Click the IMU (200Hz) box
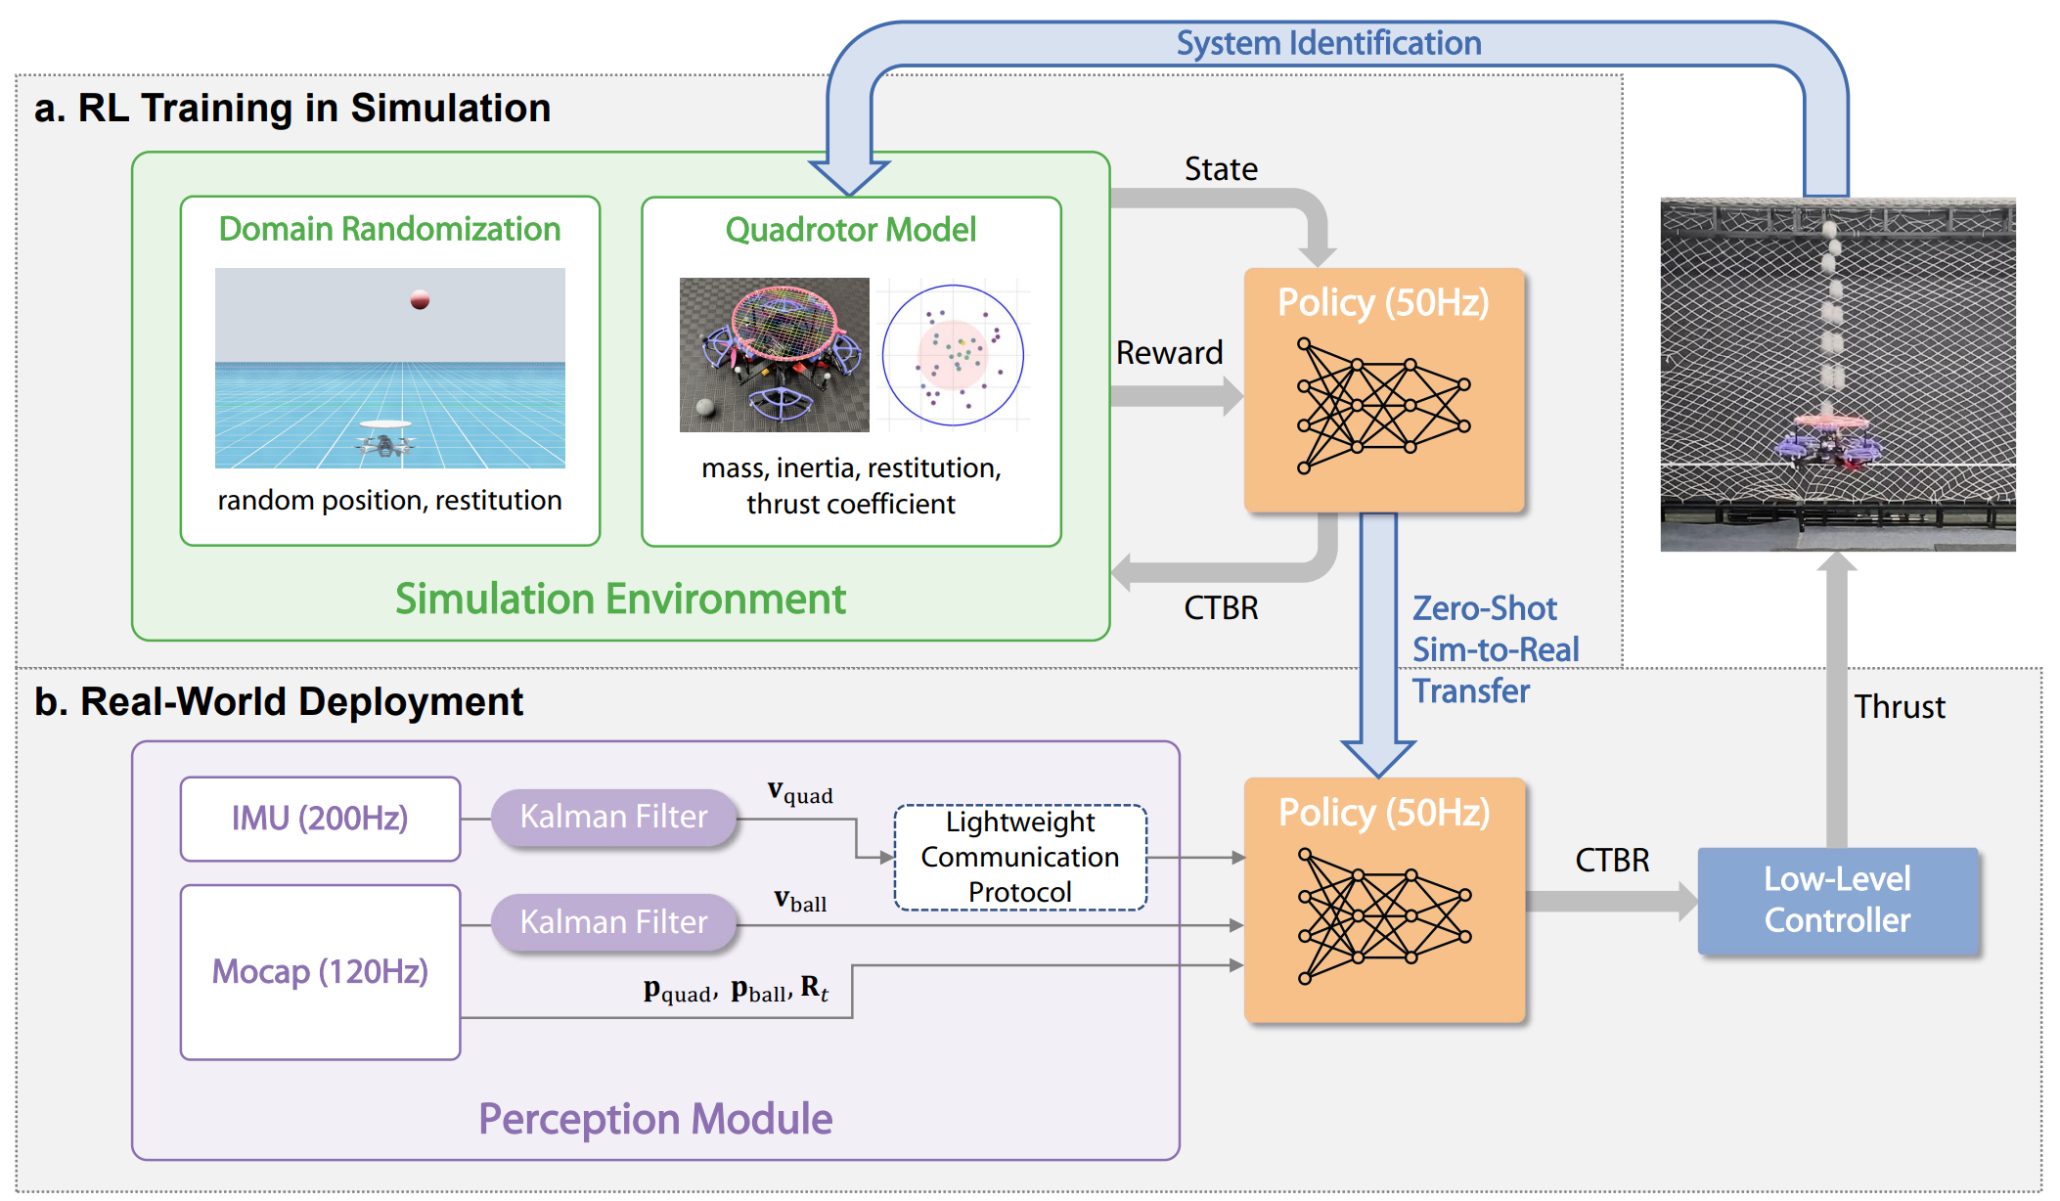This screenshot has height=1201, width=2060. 320,819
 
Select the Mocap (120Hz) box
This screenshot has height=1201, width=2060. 320,972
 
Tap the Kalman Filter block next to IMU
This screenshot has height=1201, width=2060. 613,817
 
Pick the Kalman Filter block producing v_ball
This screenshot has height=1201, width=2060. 613,922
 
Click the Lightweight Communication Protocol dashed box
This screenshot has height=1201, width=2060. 1020,858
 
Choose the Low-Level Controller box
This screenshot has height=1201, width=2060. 1837,901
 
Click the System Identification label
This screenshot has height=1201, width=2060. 1328,44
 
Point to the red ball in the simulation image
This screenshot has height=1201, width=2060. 421,299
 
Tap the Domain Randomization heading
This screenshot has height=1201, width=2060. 389,229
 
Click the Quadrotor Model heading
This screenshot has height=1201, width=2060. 851,230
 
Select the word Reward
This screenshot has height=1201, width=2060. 1169,353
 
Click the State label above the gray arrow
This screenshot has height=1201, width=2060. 1221,169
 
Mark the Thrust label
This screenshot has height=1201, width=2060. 1900,707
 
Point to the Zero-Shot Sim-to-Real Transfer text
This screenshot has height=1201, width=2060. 1495,649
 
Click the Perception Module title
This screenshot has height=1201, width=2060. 655,1119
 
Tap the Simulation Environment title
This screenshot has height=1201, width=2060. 620,599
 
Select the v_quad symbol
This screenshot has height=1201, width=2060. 800,792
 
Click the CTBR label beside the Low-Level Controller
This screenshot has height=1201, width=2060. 1612,861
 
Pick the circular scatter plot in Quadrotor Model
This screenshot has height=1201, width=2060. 953,355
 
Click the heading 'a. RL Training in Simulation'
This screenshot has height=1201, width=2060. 292,109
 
